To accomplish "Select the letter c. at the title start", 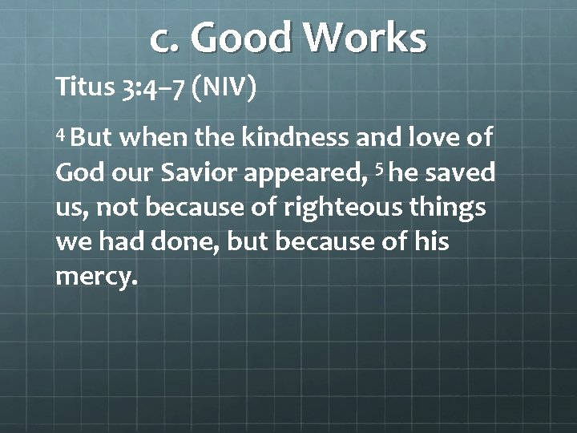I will pos(166,39).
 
